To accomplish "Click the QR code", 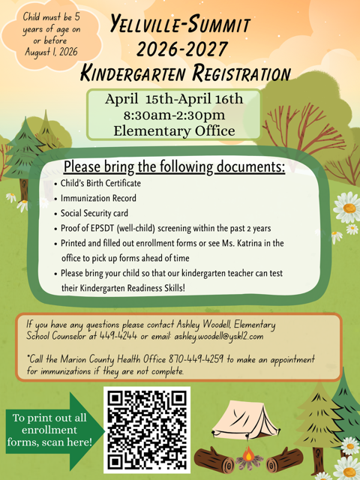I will (x=146, y=429).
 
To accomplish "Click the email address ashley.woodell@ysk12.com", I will (x=226, y=337).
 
